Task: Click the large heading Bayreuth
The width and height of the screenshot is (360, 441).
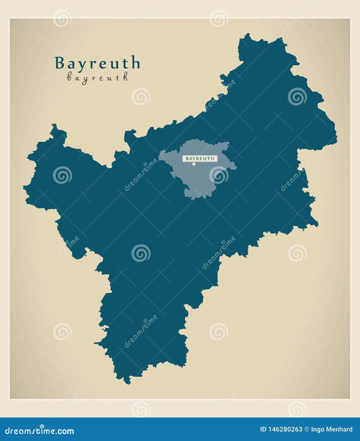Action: tap(97, 63)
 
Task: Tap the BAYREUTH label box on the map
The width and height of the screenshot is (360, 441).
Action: tap(200, 158)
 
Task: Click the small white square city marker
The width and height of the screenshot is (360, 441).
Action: tap(194, 164)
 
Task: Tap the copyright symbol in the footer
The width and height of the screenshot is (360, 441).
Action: tap(307, 429)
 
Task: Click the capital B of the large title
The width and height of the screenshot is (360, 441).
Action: tap(60, 63)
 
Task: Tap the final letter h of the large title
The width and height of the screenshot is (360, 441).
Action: tap(135, 63)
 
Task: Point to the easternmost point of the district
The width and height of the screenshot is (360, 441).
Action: tap(337, 136)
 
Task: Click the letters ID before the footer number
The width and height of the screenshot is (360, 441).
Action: tap(263, 429)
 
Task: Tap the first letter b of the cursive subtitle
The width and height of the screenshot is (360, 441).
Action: tap(69, 77)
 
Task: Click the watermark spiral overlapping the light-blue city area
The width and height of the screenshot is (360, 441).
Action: tap(219, 175)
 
